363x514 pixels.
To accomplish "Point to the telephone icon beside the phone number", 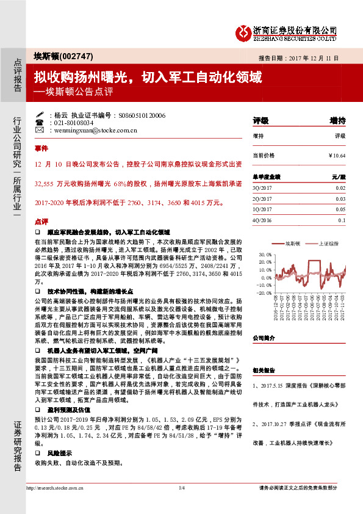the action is click(x=40, y=122).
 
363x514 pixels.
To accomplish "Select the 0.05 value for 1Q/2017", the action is click(x=340, y=209).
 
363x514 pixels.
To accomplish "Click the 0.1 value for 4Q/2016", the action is click(x=342, y=219).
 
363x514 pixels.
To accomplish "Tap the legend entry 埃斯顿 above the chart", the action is click(x=294, y=242).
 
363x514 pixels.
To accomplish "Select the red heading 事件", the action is click(x=41, y=148).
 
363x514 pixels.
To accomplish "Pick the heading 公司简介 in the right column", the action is click(x=264, y=338).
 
